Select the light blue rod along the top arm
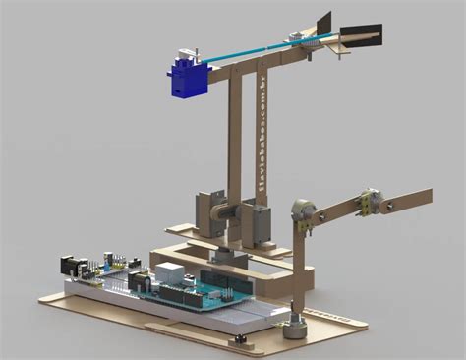(x=246, y=50)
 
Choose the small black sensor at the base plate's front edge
(x=236, y=339)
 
